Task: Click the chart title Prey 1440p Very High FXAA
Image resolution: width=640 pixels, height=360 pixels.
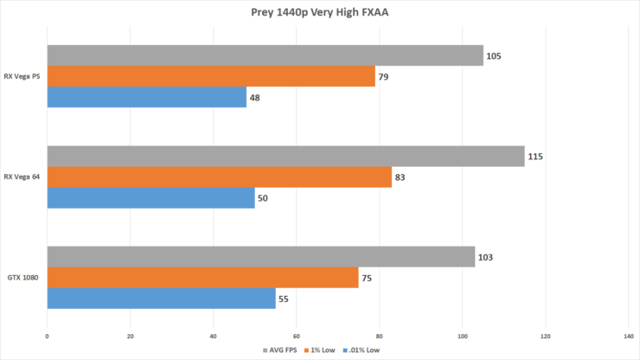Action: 319,13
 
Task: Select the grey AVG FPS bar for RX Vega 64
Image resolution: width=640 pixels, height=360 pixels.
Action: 285,156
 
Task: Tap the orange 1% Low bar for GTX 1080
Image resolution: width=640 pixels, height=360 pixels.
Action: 202,277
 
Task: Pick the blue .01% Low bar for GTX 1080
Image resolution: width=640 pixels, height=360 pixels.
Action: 161,299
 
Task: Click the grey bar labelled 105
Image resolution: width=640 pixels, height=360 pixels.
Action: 265,55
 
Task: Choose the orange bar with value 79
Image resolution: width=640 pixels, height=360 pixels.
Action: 211,77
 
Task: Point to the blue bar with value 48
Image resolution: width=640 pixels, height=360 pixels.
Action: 146,98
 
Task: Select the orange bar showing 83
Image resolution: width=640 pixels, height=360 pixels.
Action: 219,177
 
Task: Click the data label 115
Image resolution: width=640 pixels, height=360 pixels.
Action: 537,157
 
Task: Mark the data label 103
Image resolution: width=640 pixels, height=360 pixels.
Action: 487,257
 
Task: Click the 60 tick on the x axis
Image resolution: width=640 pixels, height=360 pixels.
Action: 296,335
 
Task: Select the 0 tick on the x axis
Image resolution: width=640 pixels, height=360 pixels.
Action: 47,335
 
